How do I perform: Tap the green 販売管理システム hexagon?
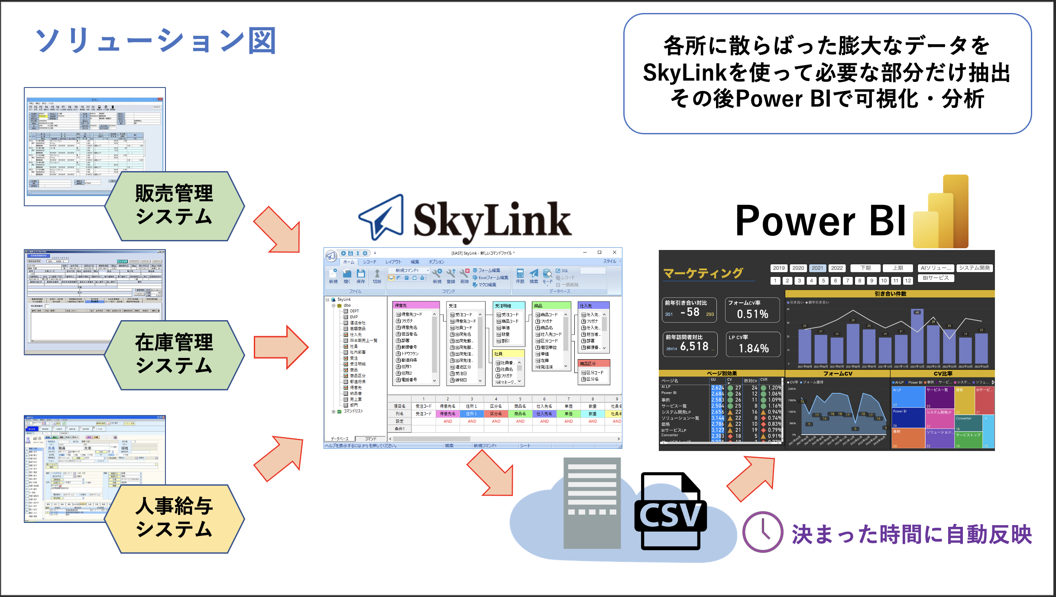(174, 205)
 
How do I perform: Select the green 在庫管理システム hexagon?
(174, 354)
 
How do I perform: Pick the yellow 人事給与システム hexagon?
(174, 518)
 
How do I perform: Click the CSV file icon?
(670, 511)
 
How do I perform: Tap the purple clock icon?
(762, 532)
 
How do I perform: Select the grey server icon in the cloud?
(592, 503)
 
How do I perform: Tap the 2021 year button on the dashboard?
(817, 268)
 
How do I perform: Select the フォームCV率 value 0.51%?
(753, 314)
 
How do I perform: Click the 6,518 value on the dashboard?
(694, 347)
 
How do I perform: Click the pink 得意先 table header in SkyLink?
(416, 305)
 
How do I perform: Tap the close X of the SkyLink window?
(614, 253)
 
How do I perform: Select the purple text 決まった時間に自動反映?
(912, 534)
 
